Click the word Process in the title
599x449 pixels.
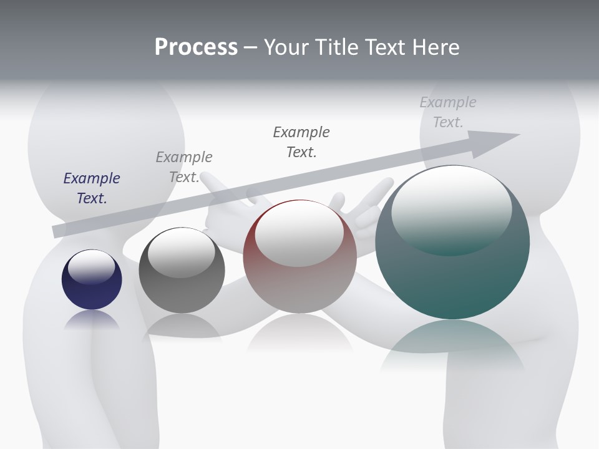(196, 47)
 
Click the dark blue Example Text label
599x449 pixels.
(91, 188)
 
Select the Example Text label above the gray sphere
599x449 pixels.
(183, 167)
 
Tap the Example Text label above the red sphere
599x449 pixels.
(301, 142)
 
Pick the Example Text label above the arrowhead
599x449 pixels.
(447, 112)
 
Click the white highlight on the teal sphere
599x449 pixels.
(451, 209)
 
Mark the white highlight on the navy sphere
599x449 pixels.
(92, 267)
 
